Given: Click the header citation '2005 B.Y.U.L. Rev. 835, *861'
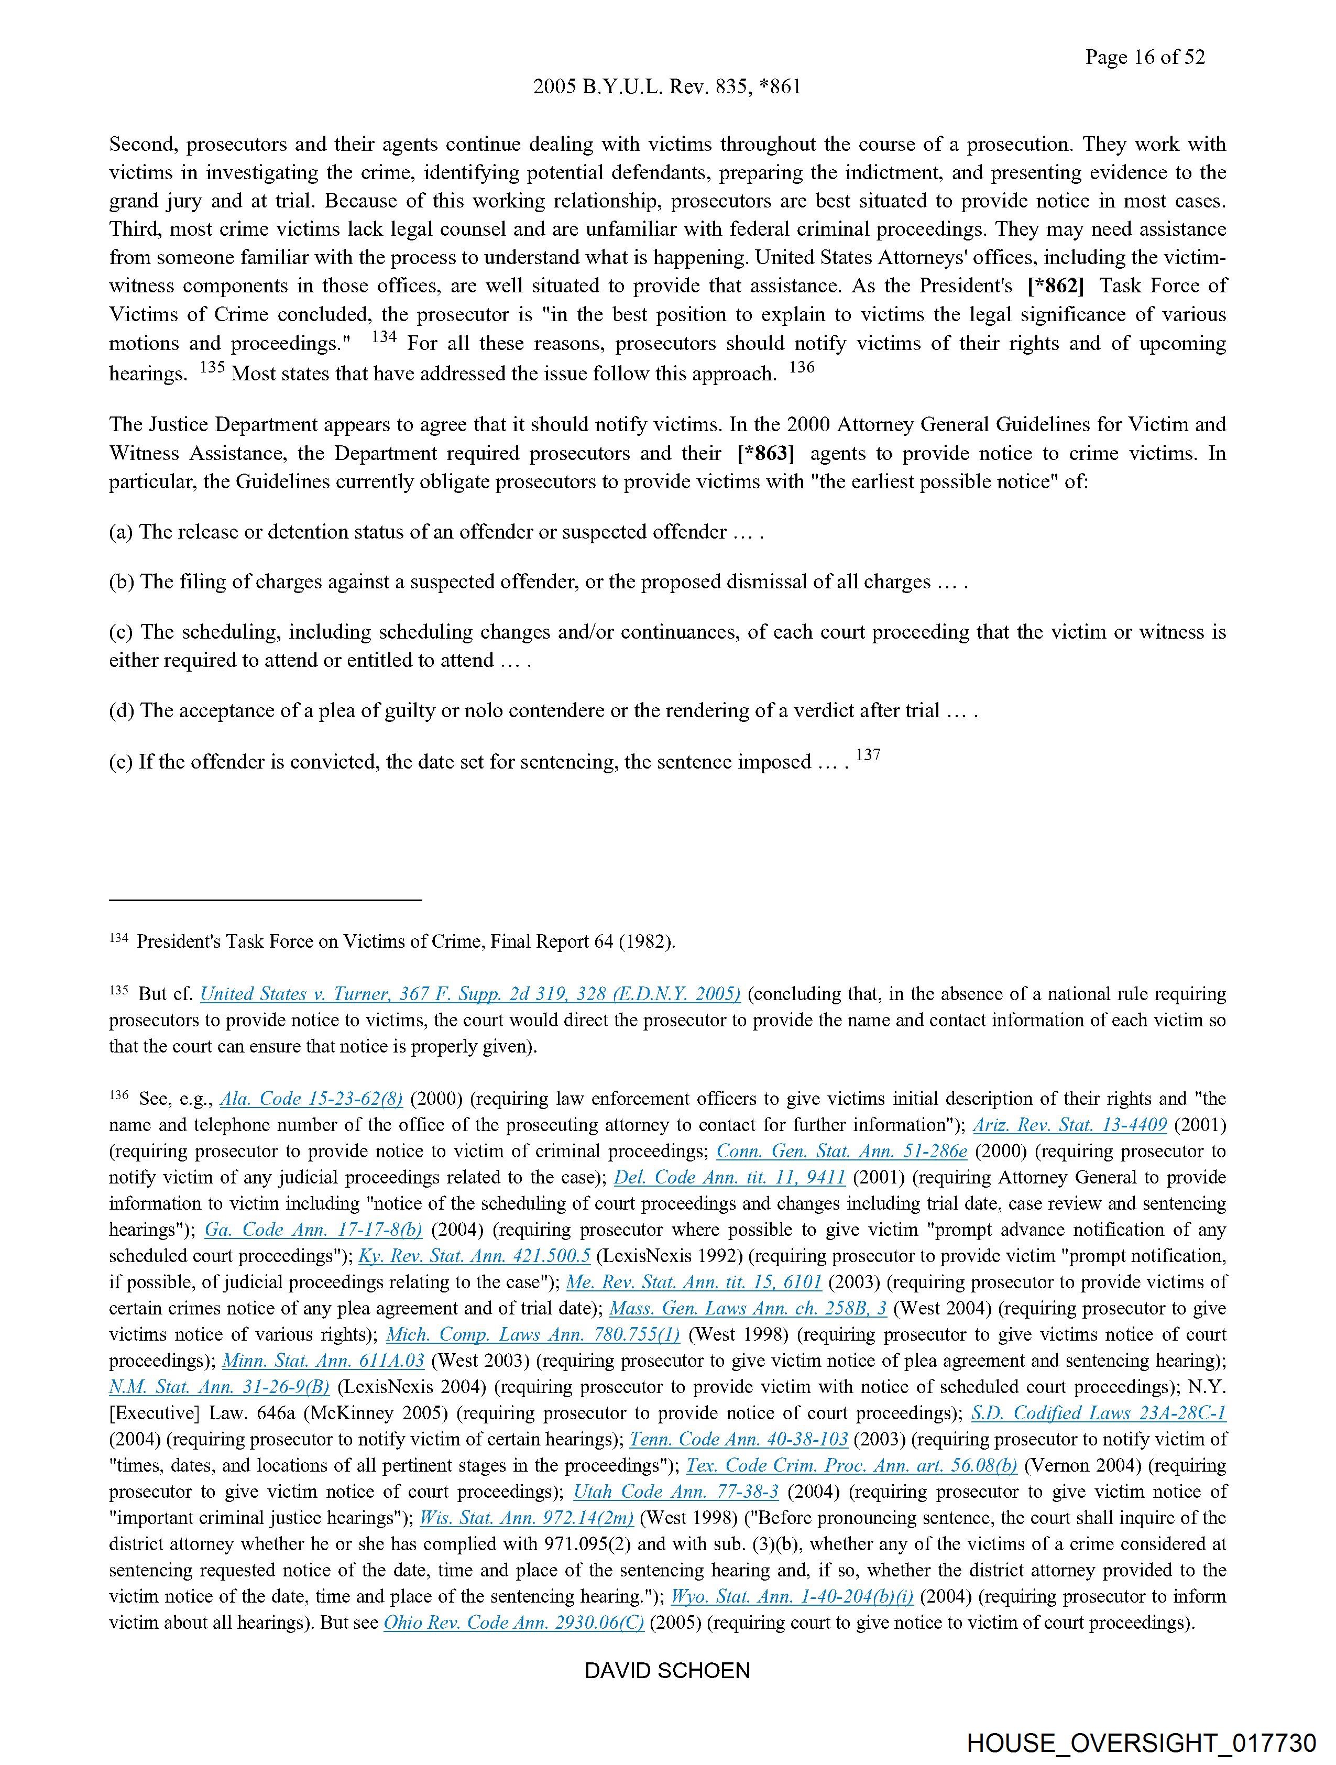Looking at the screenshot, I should click(x=666, y=87).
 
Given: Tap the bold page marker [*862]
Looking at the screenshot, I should click(x=1055, y=286).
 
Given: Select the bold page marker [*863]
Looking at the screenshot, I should click(x=765, y=453).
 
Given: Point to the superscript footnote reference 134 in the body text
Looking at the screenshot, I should click(x=384, y=337).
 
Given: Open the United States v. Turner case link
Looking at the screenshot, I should click(x=470, y=994).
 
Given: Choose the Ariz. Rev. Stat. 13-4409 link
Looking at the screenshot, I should click(x=1069, y=1125).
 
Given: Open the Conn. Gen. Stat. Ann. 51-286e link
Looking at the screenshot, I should click(x=841, y=1152).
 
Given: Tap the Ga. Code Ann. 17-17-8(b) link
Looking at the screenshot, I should click(x=314, y=1230).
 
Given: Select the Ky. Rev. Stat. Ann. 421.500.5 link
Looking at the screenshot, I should click(x=474, y=1256).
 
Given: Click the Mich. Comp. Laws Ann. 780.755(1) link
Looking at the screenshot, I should click(x=533, y=1334).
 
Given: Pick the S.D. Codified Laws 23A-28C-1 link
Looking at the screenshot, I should click(x=1098, y=1413).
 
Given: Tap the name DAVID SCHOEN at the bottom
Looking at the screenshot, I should click(x=667, y=1671).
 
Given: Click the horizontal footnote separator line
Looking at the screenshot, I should click(x=265, y=900).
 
